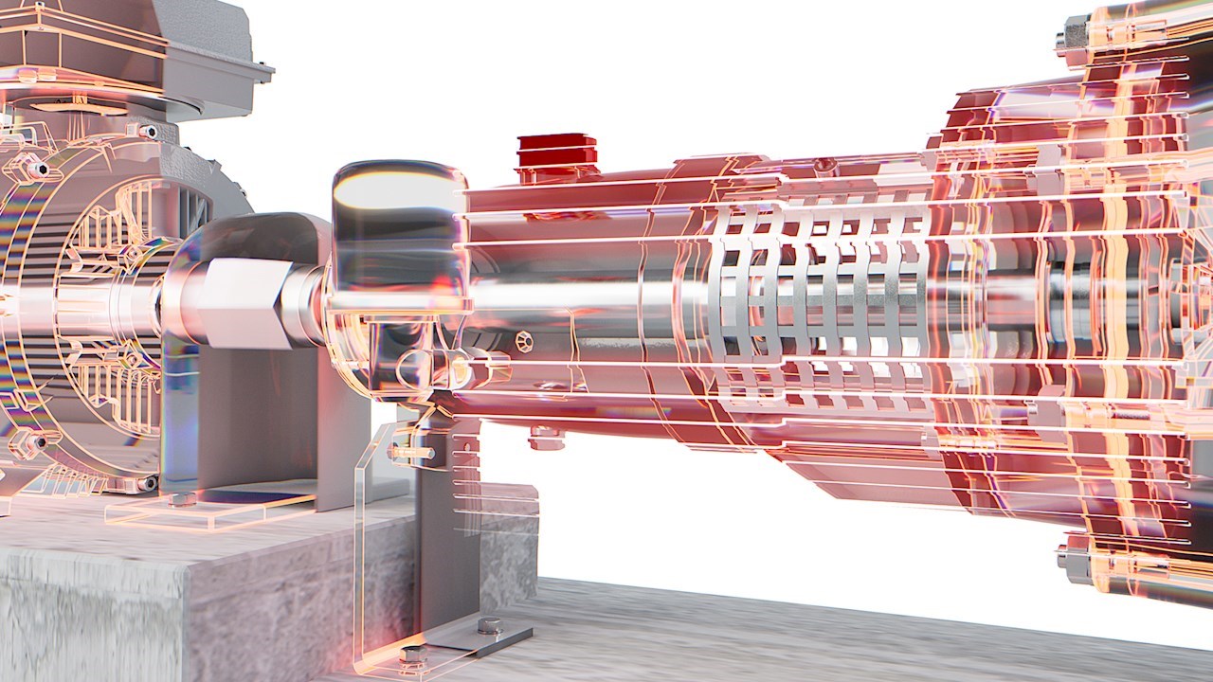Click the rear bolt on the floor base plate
point(489,625)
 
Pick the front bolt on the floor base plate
point(414,654)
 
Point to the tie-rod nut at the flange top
point(1074,36)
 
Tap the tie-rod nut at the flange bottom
point(1076,559)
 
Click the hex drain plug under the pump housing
point(547,438)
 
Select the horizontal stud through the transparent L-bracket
point(417,453)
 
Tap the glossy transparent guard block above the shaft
point(398,227)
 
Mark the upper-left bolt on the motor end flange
point(38,169)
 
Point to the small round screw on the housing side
point(524,338)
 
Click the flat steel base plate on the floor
point(474,639)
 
